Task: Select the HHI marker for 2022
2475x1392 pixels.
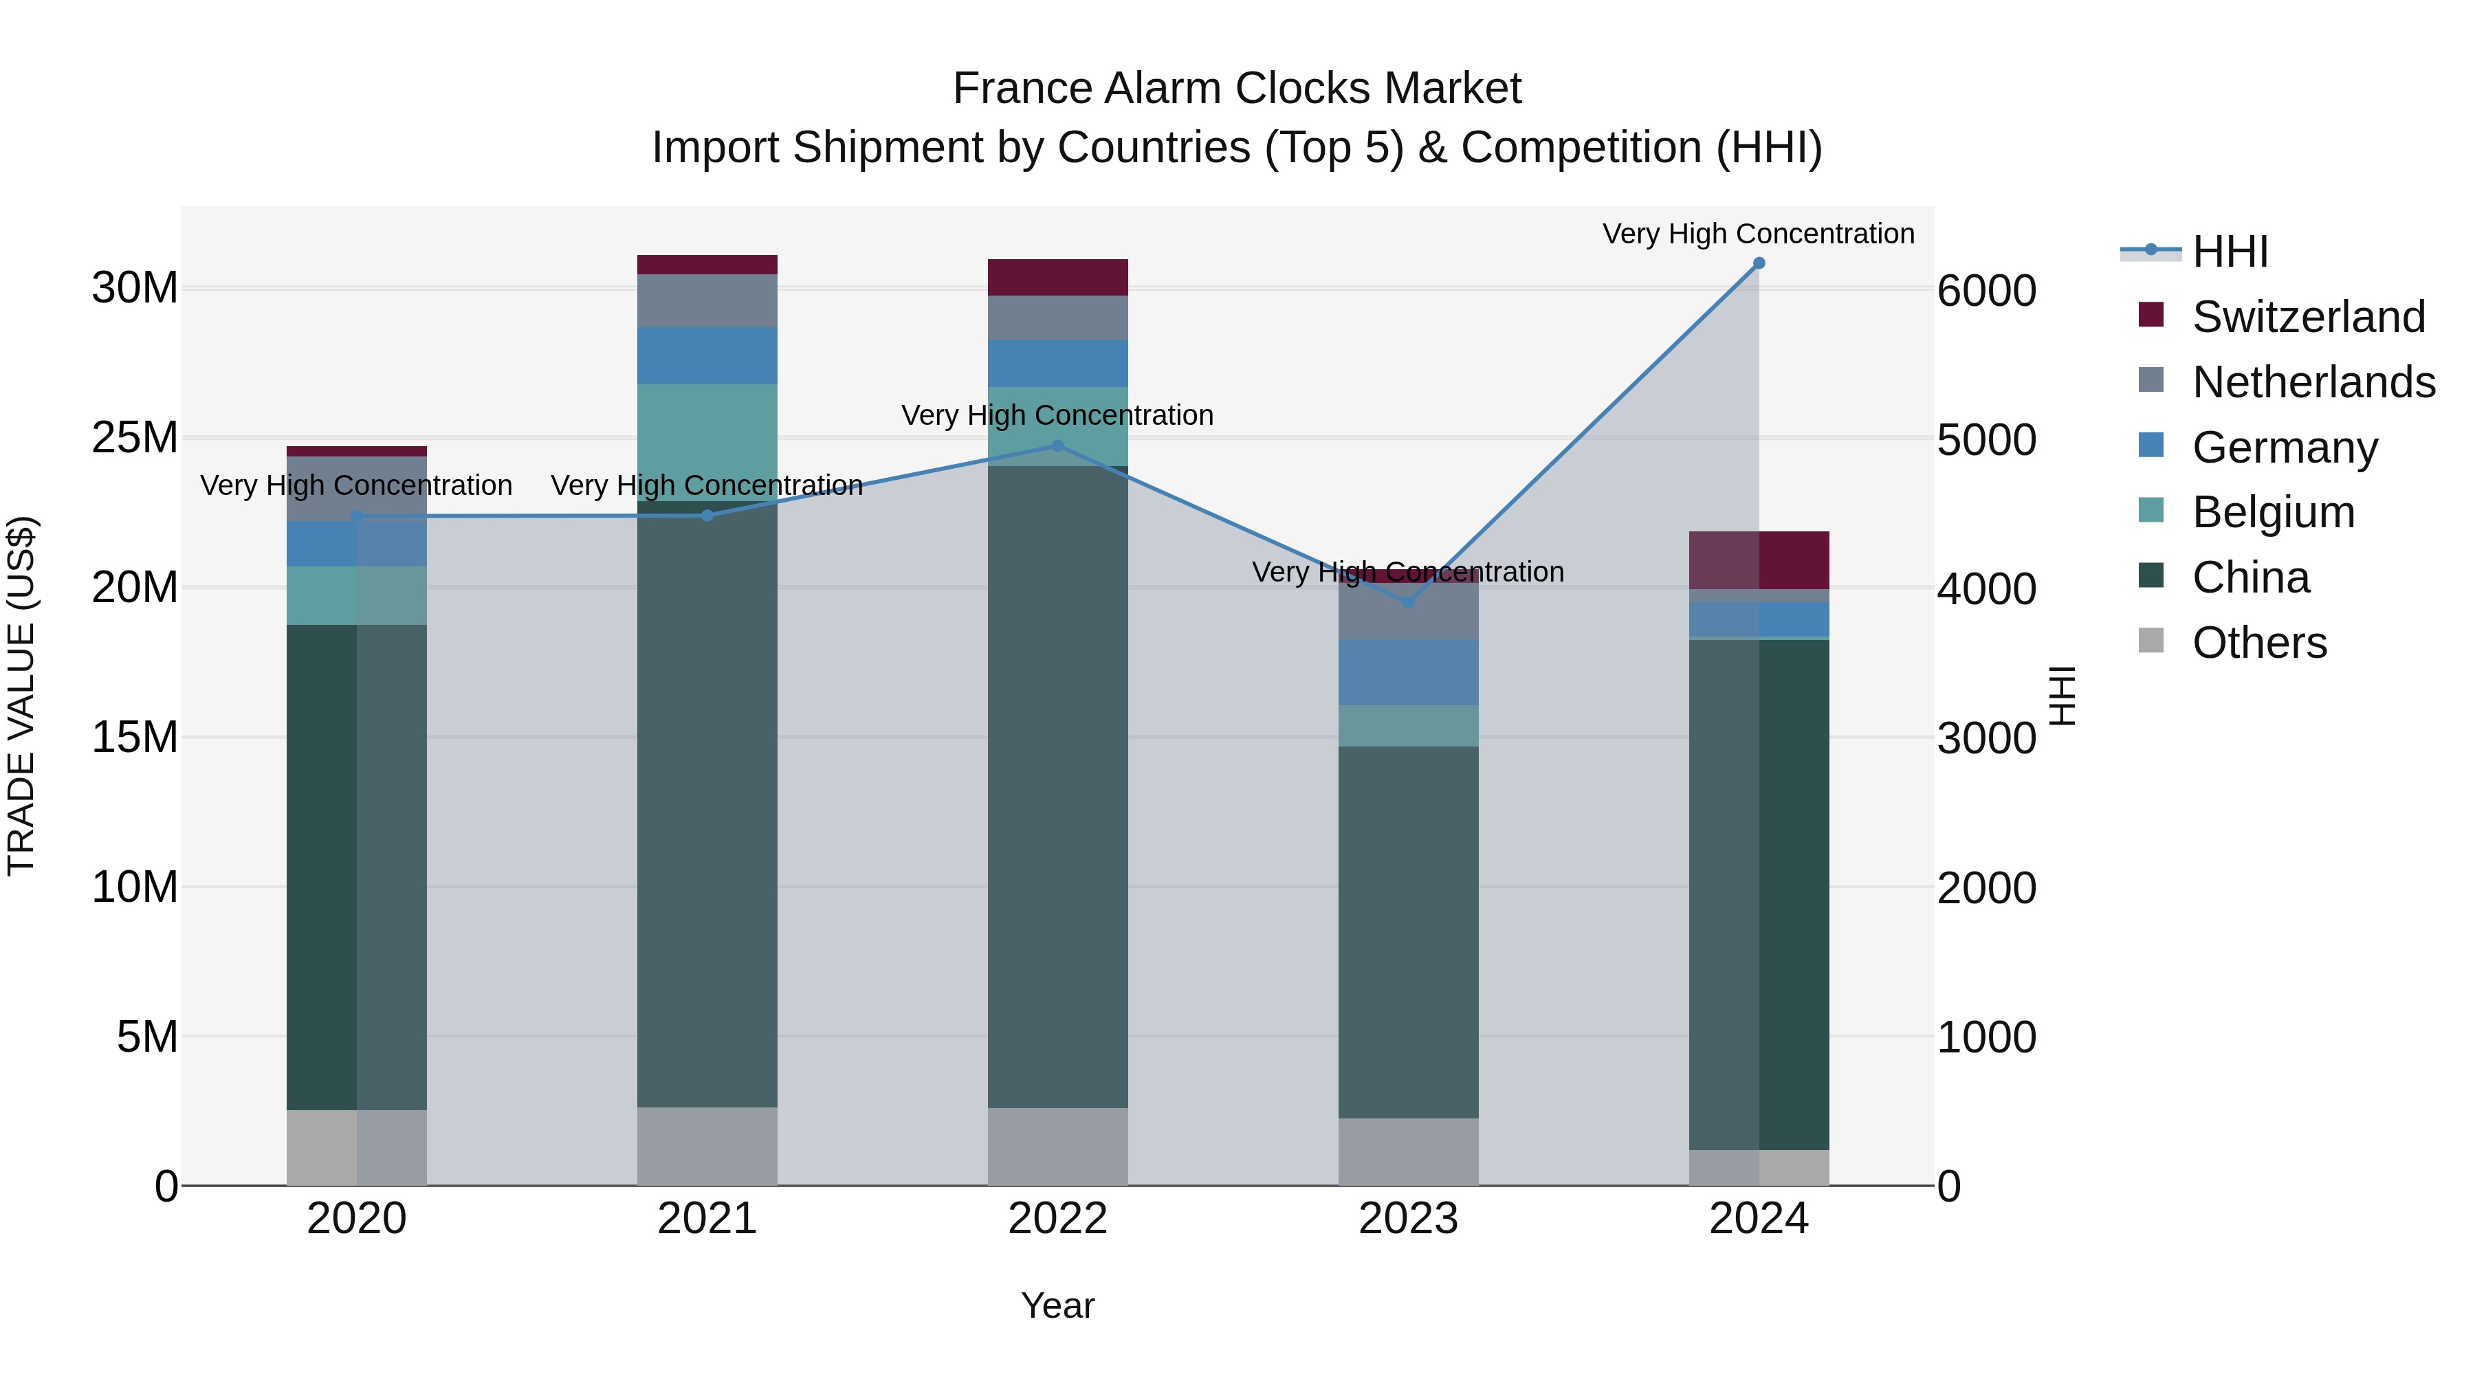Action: click(1058, 445)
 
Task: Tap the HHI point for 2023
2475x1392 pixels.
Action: click(1409, 602)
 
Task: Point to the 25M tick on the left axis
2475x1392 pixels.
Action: click(135, 438)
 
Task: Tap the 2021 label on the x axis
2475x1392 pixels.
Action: click(707, 1219)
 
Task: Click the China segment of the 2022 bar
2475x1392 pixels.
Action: click(1058, 788)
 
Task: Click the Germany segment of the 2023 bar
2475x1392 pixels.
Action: click(1409, 672)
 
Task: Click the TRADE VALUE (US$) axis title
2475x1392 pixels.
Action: click(22, 696)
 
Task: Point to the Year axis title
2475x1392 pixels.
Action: click(1058, 1305)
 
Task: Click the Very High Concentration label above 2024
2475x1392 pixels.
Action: click(1758, 234)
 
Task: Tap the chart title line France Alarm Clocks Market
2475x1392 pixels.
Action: click(1237, 89)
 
